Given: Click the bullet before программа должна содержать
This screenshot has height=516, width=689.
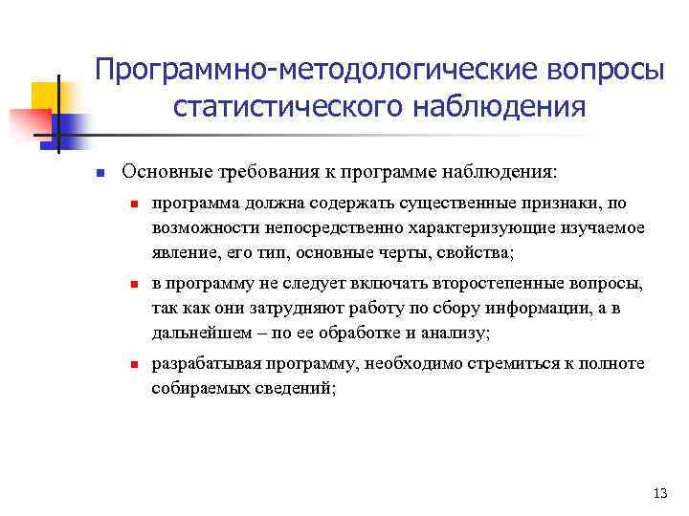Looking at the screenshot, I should (x=136, y=204).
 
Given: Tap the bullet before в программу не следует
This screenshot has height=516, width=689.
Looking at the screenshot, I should (x=136, y=285).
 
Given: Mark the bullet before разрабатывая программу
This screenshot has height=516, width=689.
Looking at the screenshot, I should (x=136, y=365).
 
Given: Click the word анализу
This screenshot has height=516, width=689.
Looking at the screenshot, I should (x=456, y=333).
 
